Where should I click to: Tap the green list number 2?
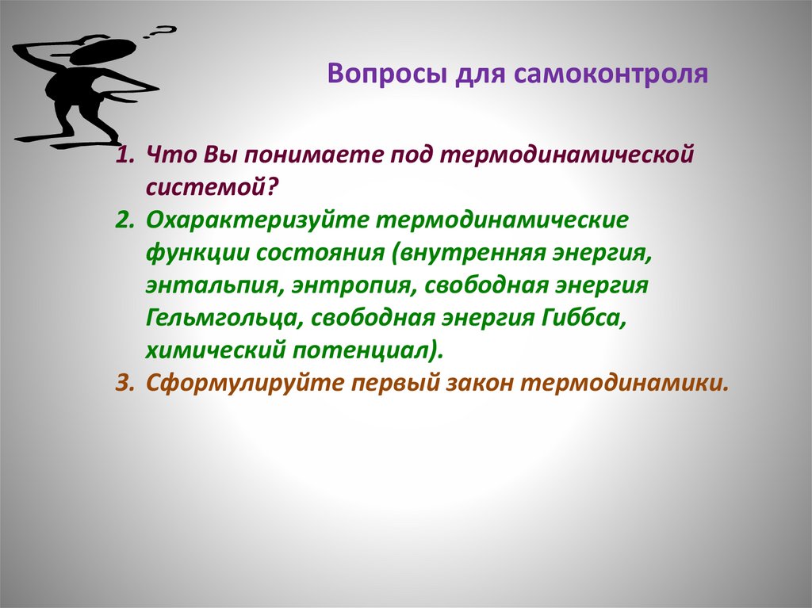(x=122, y=218)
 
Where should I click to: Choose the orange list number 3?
(x=122, y=382)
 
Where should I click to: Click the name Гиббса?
(x=567, y=317)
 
